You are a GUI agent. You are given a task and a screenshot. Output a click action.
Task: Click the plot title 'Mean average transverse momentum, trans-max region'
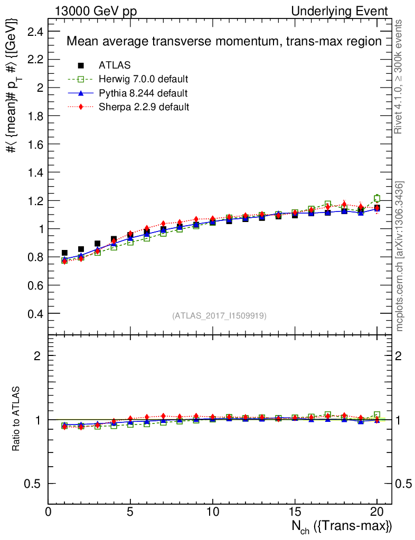click(224, 42)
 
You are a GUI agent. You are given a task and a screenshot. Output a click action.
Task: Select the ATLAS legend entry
click(115, 65)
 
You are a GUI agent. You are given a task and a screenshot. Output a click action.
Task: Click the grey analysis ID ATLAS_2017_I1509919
click(219, 316)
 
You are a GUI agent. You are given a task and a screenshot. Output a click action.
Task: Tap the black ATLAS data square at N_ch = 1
click(64, 253)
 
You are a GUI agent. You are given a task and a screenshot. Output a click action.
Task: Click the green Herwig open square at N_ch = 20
click(377, 199)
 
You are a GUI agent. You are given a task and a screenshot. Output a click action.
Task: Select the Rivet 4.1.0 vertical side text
click(400, 76)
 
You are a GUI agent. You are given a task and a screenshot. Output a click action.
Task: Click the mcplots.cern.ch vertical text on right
click(400, 256)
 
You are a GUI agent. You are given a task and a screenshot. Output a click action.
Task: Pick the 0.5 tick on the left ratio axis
click(33, 484)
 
